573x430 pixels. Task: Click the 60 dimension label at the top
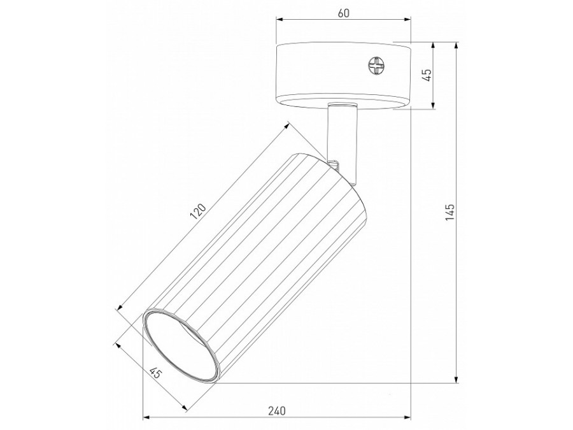click(x=344, y=13)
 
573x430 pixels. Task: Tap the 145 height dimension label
click(x=450, y=212)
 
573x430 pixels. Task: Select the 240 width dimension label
click(x=277, y=411)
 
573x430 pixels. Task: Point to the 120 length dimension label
click(x=199, y=212)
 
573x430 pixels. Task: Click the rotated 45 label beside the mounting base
click(x=428, y=75)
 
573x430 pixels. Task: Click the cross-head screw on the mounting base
click(x=376, y=66)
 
